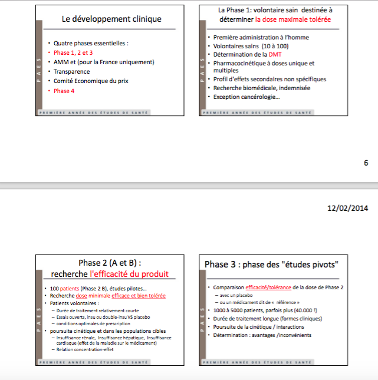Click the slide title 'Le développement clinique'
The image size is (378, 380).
pyautogui.click(x=111, y=19)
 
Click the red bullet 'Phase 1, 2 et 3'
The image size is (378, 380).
pyautogui.click(x=73, y=52)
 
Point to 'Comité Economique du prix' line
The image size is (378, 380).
pyautogui.click(x=91, y=81)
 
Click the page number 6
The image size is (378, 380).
pyautogui.click(x=366, y=163)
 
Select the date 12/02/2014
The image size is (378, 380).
pyautogui.click(x=348, y=208)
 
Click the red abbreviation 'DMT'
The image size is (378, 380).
pyautogui.click(x=275, y=54)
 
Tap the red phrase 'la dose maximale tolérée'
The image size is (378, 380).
pyautogui.click(x=293, y=19)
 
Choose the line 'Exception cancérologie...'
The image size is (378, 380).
pyautogui.click(x=246, y=97)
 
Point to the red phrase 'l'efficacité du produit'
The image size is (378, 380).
pyautogui.click(x=129, y=273)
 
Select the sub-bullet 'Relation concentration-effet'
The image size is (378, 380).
pyautogui.click(x=85, y=349)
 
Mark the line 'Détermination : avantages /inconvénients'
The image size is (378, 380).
pyautogui.click(x=262, y=335)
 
